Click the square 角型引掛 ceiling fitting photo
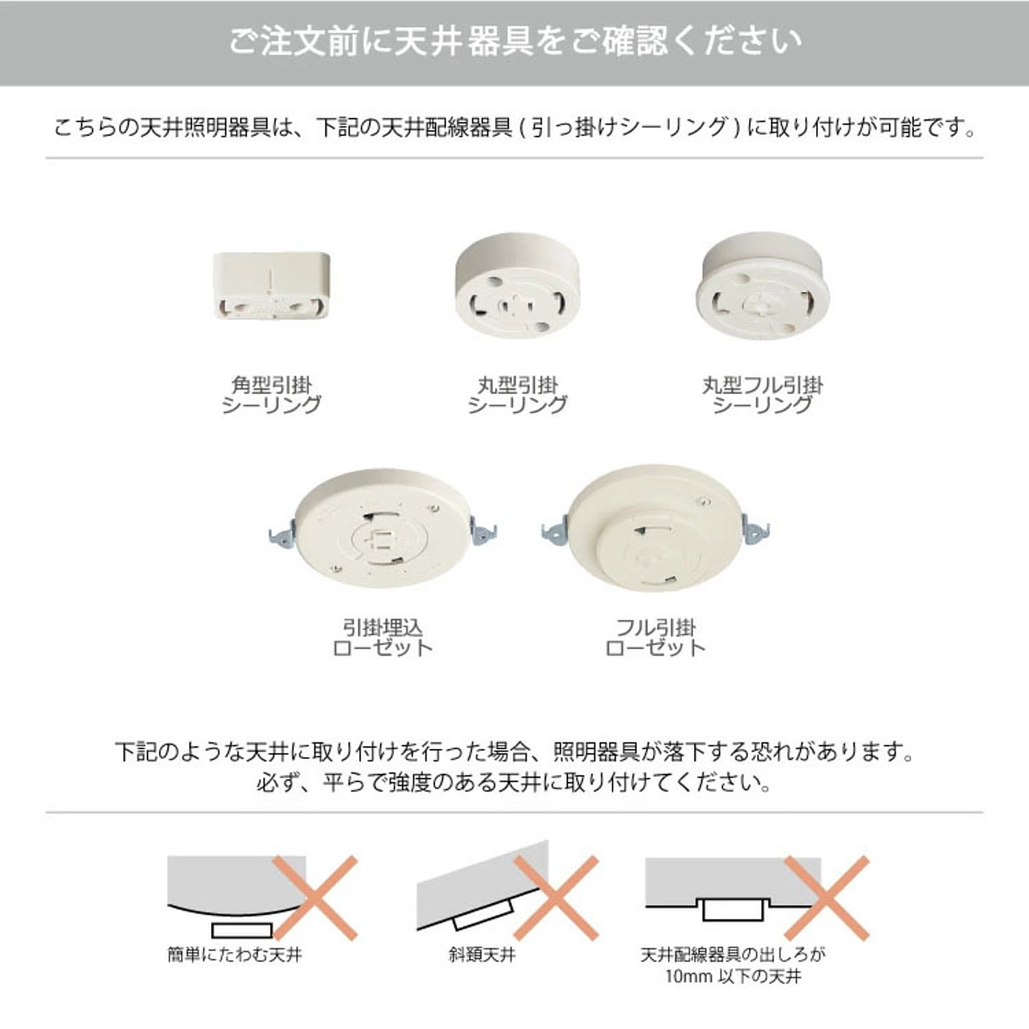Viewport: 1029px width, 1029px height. [x=271, y=285]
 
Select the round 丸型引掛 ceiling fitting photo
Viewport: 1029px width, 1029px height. [x=517, y=285]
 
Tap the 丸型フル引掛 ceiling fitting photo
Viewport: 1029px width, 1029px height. [x=762, y=285]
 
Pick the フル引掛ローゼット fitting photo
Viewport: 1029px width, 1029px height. [x=655, y=528]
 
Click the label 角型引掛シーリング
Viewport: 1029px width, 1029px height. [x=271, y=395]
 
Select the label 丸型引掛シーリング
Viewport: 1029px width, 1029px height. [x=517, y=395]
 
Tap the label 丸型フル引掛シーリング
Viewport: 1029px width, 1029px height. [x=762, y=395]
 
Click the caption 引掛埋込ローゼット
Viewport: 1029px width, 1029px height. [x=383, y=638]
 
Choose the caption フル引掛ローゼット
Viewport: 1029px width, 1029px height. [x=655, y=638]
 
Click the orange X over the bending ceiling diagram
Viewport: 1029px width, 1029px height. [x=315, y=898]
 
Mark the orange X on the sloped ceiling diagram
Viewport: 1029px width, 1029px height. [x=555, y=898]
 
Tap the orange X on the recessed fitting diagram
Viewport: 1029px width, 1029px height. [x=827, y=898]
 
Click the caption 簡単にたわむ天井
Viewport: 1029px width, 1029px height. [x=235, y=954]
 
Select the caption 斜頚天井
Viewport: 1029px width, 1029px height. [x=482, y=954]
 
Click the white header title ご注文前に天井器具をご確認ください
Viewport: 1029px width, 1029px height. [x=514, y=41]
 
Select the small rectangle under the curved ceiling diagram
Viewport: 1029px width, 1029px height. [x=242, y=931]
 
